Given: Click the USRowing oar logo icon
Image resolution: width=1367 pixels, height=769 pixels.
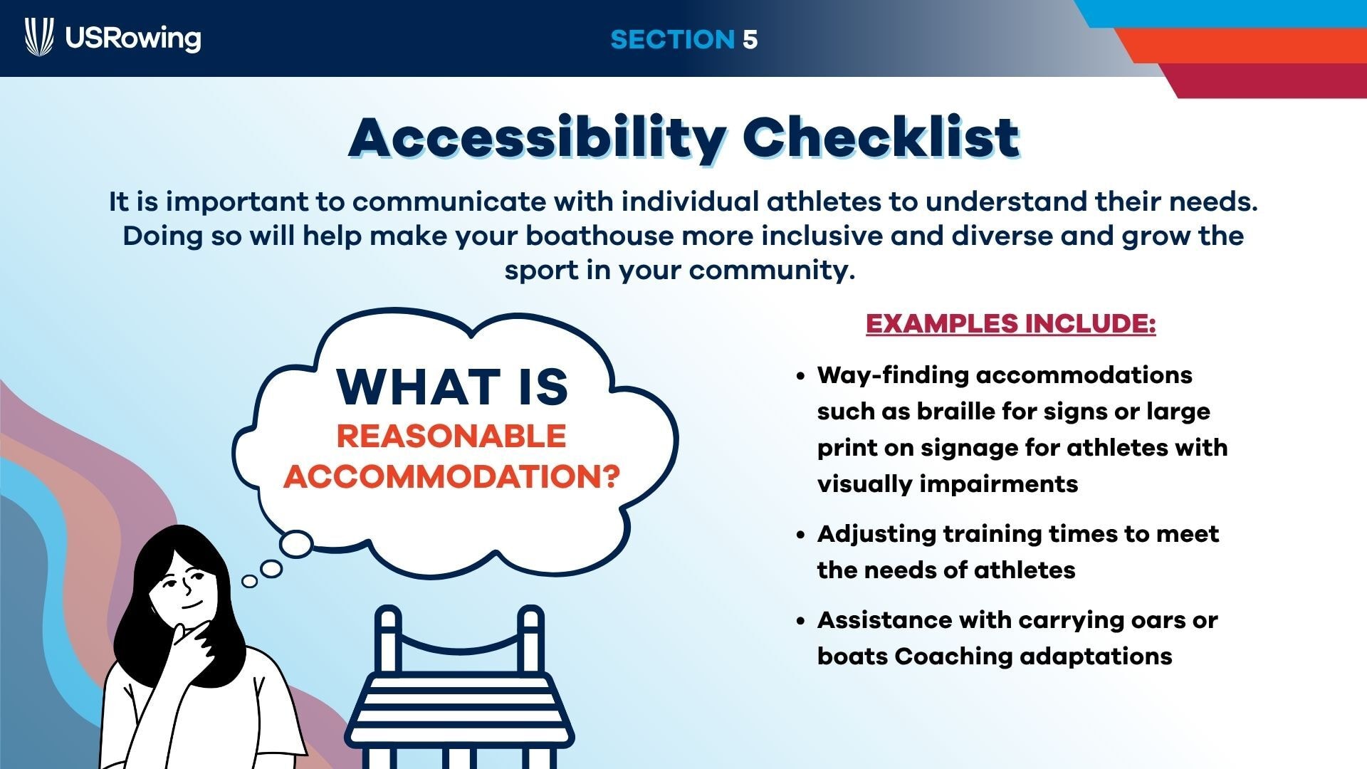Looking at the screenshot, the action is pos(39,37).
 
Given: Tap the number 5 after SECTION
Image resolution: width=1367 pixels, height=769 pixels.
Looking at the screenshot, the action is pos(750,39).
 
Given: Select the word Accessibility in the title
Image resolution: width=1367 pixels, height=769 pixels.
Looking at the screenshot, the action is pos(538,137).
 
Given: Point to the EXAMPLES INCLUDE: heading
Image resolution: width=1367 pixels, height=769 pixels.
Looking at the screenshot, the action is pos(1010,324).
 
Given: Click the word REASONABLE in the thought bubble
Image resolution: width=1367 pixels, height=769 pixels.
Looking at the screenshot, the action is pos(451,436).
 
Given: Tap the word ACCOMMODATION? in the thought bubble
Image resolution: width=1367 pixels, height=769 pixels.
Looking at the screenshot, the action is pos(452,476).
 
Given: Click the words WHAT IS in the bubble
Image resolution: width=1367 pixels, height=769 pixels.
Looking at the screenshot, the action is pos(453,387).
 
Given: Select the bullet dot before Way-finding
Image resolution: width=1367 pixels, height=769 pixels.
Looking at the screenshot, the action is pos(801,376).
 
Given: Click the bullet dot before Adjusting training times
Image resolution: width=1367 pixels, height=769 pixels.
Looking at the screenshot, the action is pos(801,535).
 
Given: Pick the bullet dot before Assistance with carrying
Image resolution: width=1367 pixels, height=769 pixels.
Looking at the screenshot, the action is pos(801,621).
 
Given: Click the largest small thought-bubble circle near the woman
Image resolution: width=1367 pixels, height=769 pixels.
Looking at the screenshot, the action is pos(295,545).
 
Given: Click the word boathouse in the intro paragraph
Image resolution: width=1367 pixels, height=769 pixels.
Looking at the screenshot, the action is pos(599,236).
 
